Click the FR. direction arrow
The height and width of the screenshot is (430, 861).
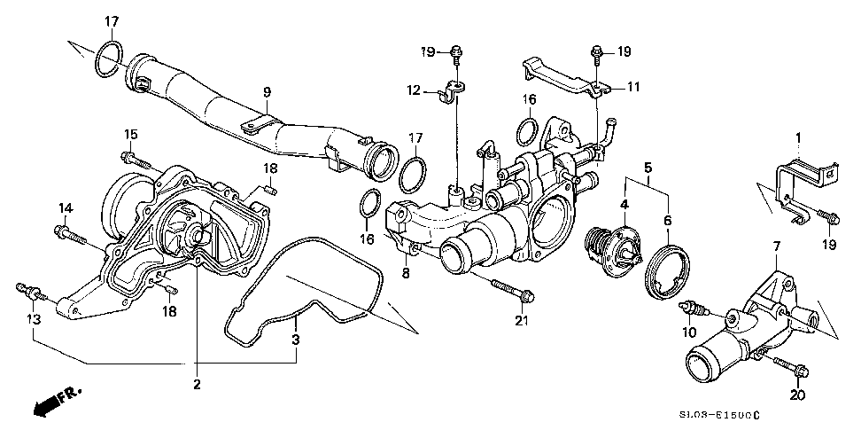pos(56,401)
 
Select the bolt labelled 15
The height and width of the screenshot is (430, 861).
pos(136,160)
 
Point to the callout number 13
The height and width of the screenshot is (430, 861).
pos(35,320)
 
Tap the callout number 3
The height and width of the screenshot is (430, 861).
pos(296,340)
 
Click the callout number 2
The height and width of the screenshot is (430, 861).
pos(197,385)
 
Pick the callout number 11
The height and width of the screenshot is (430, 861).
pos(633,87)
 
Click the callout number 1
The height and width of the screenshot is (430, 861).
pos(798,137)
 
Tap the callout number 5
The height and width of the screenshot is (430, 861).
pos(648,167)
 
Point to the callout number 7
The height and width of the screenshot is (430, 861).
pos(776,246)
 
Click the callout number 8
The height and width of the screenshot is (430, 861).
pos(406,273)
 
